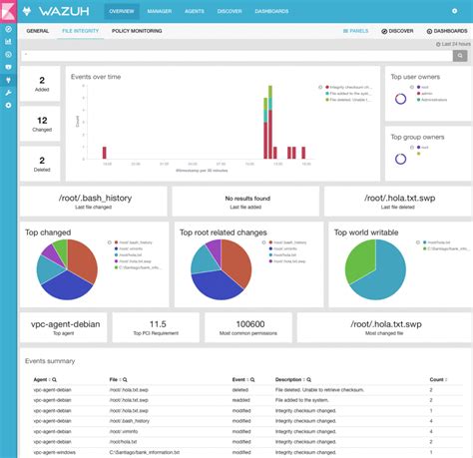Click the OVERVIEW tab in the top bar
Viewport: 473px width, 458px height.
pyautogui.click(x=123, y=11)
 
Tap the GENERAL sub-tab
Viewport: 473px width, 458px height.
pyautogui.click(x=38, y=31)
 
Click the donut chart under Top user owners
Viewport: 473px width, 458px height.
pyautogui.click(x=400, y=98)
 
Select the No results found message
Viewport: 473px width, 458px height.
pyautogui.click(x=246, y=199)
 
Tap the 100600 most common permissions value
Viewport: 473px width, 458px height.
pyautogui.click(x=246, y=324)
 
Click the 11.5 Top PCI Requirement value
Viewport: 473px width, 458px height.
pyautogui.click(x=157, y=324)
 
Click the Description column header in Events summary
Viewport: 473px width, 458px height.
pyautogui.click(x=293, y=380)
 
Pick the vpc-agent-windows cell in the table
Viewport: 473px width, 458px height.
pyautogui.click(x=52, y=452)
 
